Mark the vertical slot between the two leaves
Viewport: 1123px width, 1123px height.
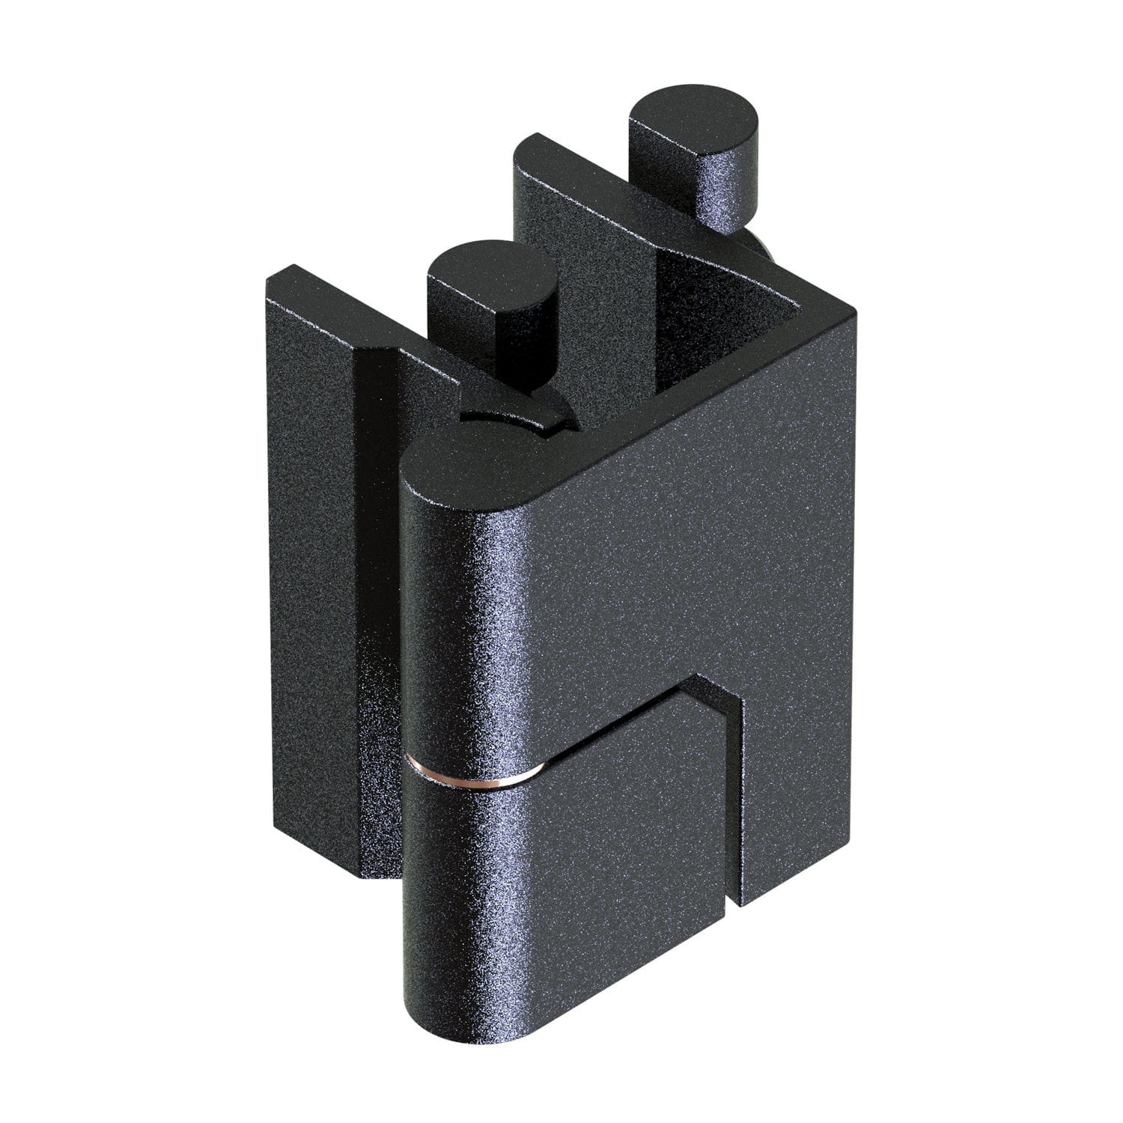click(x=734, y=809)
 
